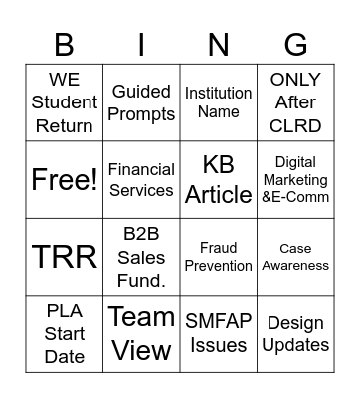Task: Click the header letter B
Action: [x=65, y=45]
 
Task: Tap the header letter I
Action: [x=141, y=45]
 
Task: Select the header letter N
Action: [x=219, y=45]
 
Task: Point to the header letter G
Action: [x=295, y=45]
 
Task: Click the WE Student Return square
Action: [x=65, y=102]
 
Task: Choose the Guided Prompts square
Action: [x=141, y=102]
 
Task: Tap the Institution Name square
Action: [x=219, y=102]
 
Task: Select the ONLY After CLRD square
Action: [x=295, y=102]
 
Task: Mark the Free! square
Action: [x=65, y=180]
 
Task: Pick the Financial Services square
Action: [x=141, y=180]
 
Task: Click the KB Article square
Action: [x=219, y=180]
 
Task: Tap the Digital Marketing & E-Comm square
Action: [x=295, y=180]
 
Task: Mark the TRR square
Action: [x=65, y=257]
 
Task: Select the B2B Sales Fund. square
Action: [x=141, y=257]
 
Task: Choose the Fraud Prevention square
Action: [x=219, y=257]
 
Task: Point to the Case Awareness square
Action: [x=295, y=257]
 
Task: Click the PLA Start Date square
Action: [x=65, y=334]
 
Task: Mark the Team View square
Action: [x=141, y=334]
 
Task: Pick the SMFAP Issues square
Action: [x=219, y=334]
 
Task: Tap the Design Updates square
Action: [x=295, y=334]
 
